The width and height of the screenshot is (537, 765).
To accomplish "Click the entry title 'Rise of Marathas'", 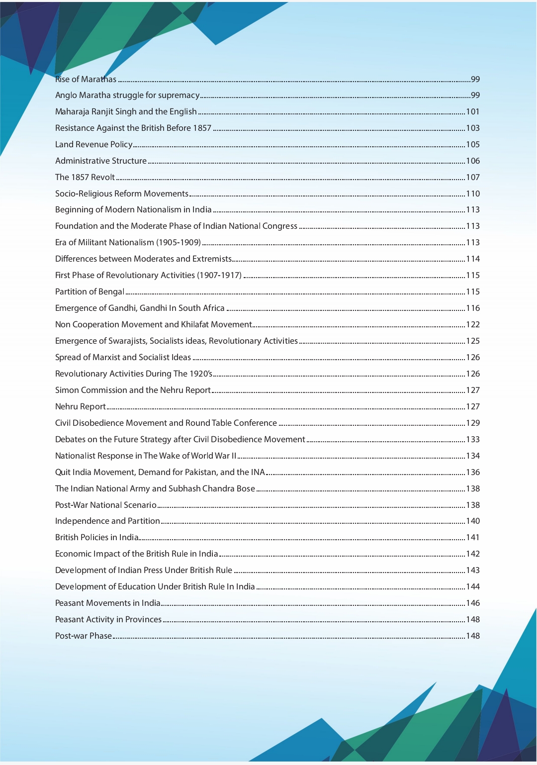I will (86, 79).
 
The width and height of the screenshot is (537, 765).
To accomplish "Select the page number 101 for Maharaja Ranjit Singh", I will (472, 112).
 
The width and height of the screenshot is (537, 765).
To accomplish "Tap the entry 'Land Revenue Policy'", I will (93, 145).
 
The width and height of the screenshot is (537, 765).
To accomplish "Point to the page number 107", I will (472, 178).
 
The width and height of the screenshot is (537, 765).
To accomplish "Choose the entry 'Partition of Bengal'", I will (89, 292).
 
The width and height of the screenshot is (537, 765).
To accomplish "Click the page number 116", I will (472, 308).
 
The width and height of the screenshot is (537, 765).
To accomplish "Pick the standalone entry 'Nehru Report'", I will (81, 407).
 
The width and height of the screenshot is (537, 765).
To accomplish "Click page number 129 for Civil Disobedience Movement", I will (472, 423).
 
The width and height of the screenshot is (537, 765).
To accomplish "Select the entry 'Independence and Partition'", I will (107, 521).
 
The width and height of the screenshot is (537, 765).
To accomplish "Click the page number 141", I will (472, 538).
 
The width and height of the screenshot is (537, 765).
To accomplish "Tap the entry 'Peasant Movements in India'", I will (107, 603).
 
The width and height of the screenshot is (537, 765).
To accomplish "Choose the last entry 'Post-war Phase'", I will (83, 636).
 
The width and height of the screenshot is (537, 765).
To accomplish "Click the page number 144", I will (472, 587).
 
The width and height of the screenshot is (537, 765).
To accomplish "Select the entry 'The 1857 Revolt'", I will (85, 178).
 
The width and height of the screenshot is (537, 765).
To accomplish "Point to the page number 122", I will (472, 325).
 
